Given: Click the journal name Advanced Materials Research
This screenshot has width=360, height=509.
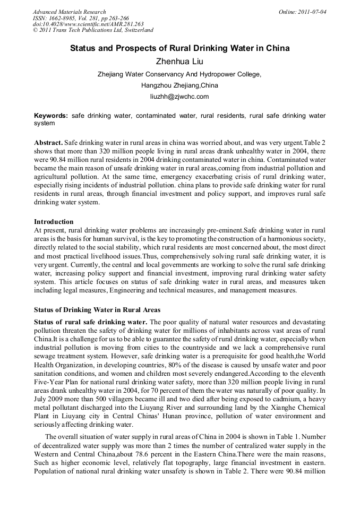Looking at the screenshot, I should tap(69, 12).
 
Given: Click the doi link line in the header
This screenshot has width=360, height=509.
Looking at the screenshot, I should tap(88, 24).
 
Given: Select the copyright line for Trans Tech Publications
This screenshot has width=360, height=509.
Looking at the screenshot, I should tap(93, 30).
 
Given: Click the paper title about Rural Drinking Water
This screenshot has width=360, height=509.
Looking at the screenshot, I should tap(180, 48).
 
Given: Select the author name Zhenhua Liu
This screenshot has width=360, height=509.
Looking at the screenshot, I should tap(179, 62).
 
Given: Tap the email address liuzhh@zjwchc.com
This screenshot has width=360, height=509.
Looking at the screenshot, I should tap(180, 97).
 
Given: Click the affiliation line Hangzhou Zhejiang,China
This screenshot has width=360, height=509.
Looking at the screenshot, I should tap(179, 85).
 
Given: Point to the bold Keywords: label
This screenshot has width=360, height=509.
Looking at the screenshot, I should tap(51, 116).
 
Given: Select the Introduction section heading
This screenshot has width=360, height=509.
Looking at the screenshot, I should tap(54, 221).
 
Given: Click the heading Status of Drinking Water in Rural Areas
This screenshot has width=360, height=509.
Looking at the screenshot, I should tap(97, 309).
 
